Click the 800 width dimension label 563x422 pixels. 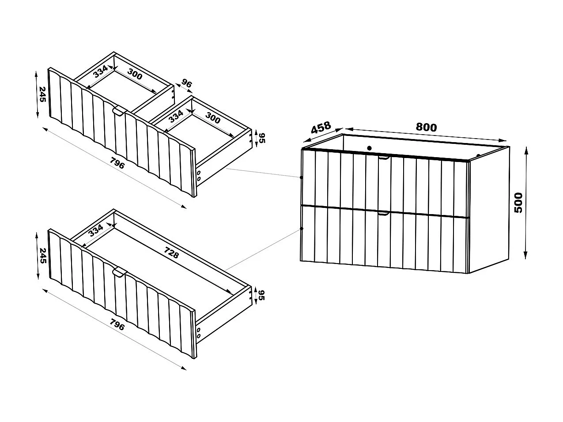pyautogui.click(x=426, y=127)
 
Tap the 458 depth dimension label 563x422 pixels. pyautogui.click(x=321, y=128)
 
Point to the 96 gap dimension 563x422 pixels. pyautogui.click(x=186, y=84)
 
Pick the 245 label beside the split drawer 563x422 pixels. pyautogui.click(x=42, y=94)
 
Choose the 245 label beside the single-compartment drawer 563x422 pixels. pyautogui.click(x=42, y=255)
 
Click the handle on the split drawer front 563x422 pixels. pyautogui.click(x=119, y=112)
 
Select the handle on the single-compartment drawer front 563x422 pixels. pyautogui.click(x=119, y=273)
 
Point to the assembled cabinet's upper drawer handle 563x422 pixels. pyautogui.click(x=384, y=157)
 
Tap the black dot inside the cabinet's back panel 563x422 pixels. pyautogui.click(x=370, y=148)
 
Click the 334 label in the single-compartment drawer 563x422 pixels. pyautogui.click(x=96, y=231)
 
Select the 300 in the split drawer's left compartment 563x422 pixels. pyautogui.click(x=135, y=75)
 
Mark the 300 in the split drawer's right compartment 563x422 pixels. pyautogui.click(x=213, y=120)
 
